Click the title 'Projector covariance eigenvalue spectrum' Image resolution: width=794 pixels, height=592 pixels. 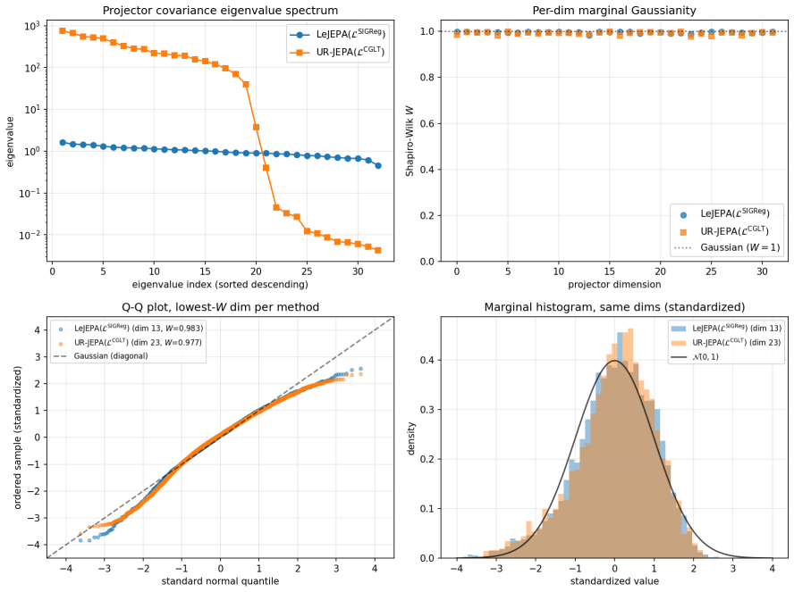220,10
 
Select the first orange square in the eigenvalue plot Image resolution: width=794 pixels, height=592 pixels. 63,31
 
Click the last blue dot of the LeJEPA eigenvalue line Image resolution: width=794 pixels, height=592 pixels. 377,166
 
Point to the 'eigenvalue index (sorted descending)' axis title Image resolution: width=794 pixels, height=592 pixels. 220,284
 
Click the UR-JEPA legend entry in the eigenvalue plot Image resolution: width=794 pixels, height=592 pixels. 337,52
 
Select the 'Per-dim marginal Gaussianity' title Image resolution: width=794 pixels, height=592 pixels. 614,10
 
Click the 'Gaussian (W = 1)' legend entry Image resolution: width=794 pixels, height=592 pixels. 728,247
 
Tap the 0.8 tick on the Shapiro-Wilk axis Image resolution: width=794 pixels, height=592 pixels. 427,78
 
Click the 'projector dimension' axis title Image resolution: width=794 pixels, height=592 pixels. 614,284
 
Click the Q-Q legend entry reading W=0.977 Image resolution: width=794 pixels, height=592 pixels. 131,342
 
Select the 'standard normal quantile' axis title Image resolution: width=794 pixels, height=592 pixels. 220,581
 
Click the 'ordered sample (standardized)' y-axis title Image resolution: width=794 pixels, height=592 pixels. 18,438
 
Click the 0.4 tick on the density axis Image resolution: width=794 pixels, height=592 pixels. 427,360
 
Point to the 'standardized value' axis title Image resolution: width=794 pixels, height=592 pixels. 614,581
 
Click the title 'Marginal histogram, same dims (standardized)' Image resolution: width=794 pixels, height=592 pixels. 614,307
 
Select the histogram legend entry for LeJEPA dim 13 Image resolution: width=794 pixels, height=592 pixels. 726,328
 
